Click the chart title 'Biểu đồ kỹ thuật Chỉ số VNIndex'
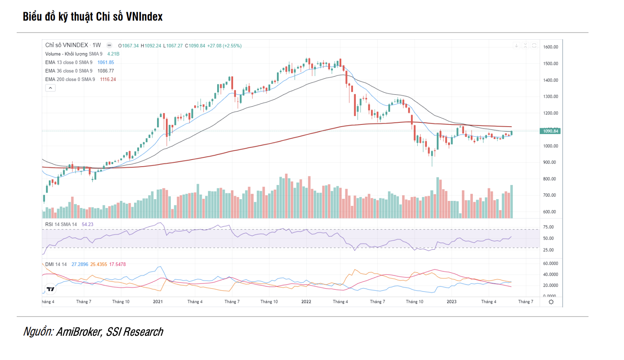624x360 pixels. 93,17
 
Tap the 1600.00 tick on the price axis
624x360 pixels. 550,47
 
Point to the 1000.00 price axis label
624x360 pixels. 550,146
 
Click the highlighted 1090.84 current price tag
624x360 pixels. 550,131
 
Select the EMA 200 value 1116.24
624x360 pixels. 108,79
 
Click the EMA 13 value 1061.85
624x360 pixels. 106,62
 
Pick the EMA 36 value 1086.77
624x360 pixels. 106,71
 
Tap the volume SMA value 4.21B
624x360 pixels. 113,54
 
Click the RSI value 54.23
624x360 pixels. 88,224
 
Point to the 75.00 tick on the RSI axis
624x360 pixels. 548,227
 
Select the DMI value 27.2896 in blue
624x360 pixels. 80,264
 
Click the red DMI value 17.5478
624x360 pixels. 117,264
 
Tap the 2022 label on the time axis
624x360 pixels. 306,302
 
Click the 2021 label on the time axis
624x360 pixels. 158,302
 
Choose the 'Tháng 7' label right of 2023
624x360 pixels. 525,302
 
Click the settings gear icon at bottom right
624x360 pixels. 551,302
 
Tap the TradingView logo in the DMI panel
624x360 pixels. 51,289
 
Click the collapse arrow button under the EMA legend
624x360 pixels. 50,88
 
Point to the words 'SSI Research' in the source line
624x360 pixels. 134,332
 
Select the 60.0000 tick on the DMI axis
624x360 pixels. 550,264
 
